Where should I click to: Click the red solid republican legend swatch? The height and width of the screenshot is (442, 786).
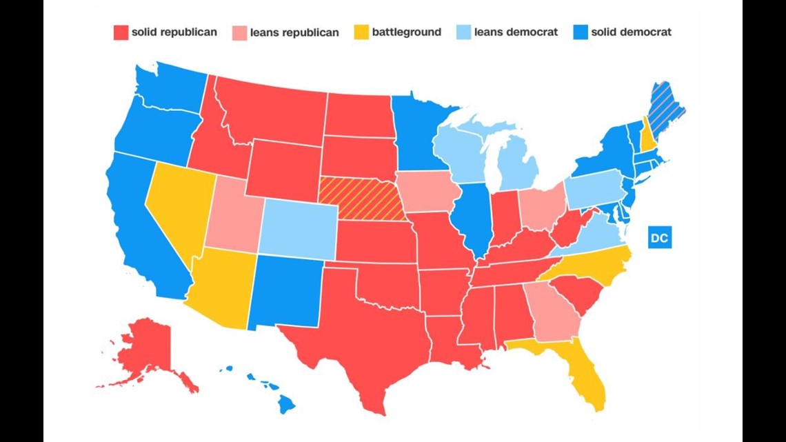pyautogui.click(x=120, y=32)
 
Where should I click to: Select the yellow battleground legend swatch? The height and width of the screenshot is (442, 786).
pyautogui.click(x=361, y=32)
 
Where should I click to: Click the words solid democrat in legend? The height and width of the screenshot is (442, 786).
pyautogui.click(x=631, y=32)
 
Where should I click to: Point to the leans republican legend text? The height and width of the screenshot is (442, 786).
pyautogui.click(x=294, y=32)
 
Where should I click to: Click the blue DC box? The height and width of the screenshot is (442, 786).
pyautogui.click(x=659, y=238)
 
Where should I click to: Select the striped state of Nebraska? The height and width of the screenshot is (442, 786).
pyautogui.click(x=359, y=196)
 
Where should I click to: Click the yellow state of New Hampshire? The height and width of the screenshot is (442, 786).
pyautogui.click(x=647, y=134)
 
